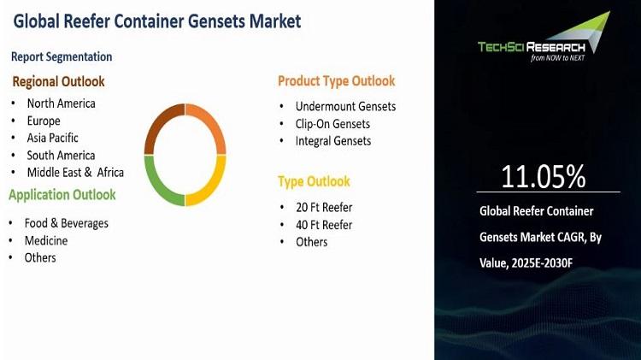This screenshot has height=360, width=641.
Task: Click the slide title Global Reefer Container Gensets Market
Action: (x=157, y=21)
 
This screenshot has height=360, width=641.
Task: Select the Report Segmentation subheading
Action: (x=62, y=56)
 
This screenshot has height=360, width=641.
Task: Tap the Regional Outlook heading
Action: (x=58, y=81)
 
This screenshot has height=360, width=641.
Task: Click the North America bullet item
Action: (x=62, y=103)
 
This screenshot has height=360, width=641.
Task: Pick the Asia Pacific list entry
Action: (x=52, y=138)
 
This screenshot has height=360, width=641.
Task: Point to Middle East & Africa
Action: (x=75, y=172)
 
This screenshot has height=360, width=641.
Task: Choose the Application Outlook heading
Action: (x=62, y=195)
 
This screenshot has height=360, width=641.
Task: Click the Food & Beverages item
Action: (x=66, y=223)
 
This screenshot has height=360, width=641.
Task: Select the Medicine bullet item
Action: (x=46, y=240)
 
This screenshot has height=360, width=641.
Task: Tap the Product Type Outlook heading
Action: (x=337, y=81)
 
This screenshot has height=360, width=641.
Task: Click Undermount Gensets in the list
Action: (x=345, y=106)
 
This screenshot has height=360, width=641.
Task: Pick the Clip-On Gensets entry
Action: (x=332, y=124)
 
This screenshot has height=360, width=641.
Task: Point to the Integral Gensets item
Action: (x=333, y=141)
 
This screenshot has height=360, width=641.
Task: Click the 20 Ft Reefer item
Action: (x=324, y=208)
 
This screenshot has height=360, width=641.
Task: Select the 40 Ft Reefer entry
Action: (x=324, y=225)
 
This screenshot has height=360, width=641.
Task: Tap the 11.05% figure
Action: (x=544, y=177)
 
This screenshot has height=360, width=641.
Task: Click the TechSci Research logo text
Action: (x=532, y=47)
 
